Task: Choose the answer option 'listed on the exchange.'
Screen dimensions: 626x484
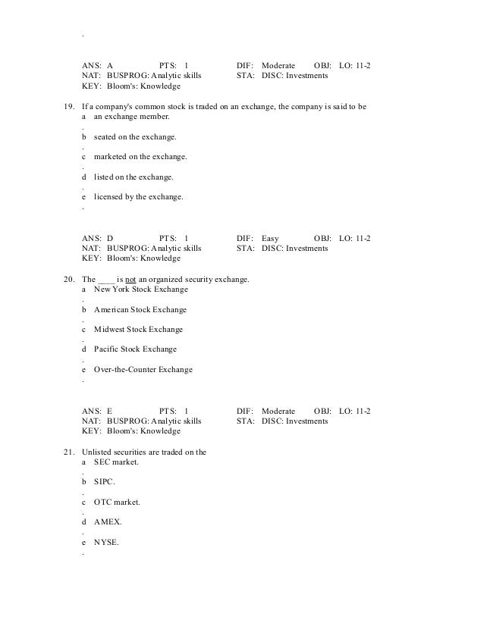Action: pos(134,177)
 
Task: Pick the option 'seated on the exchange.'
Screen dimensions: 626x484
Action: pos(135,137)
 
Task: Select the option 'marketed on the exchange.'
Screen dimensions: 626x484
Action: pos(140,157)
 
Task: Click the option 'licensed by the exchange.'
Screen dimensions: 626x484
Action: pos(138,196)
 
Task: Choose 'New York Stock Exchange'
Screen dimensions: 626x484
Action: pos(141,290)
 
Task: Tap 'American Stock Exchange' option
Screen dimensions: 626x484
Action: pos(140,309)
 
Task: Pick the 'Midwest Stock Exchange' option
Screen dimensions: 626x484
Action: pos(138,329)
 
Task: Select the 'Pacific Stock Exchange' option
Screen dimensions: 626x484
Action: pos(135,349)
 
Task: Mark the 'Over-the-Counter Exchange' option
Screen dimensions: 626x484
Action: pos(143,369)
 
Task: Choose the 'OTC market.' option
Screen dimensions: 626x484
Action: pos(117,502)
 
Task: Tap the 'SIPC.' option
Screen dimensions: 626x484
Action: pos(105,482)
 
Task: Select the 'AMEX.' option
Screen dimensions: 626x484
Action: pos(107,522)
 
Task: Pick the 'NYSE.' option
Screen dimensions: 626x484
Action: pos(106,542)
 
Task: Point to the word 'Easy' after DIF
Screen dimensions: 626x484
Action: pos(270,238)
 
